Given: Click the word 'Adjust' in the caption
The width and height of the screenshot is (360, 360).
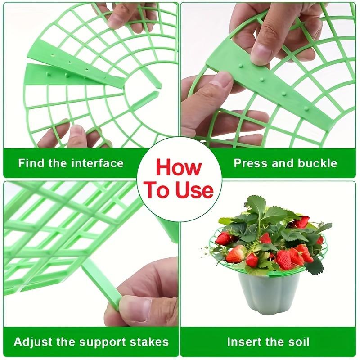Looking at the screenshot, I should coord(32,342).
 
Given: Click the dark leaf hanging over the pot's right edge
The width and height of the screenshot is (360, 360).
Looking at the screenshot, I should coord(315,266).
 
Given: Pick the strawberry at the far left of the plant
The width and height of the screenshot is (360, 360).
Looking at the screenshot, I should coord(223,238).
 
